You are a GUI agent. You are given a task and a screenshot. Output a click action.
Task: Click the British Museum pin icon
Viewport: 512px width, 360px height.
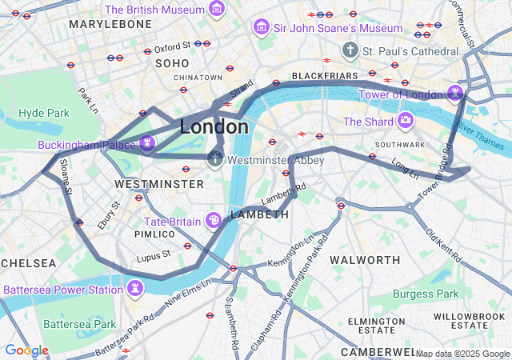(x=216, y=10)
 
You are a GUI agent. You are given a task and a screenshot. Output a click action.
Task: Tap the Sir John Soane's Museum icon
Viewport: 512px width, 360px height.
(x=260, y=28)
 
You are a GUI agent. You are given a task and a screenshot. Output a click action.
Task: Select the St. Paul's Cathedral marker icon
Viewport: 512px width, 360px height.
(x=350, y=51)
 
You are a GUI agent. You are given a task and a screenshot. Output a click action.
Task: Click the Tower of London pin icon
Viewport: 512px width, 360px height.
(x=455, y=94)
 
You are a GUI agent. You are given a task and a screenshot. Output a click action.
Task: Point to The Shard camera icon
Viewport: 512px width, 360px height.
(x=406, y=122)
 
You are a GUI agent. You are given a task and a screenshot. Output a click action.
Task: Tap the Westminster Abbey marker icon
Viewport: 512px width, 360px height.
(x=215, y=159)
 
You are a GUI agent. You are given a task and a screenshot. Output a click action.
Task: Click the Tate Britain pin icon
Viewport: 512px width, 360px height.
(x=214, y=220)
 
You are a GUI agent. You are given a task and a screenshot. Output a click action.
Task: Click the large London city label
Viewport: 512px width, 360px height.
(x=214, y=126)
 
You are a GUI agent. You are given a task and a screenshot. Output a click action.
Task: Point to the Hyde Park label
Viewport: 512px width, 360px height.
(x=44, y=113)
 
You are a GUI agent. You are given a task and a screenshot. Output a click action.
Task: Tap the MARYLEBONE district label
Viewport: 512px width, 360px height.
(x=110, y=24)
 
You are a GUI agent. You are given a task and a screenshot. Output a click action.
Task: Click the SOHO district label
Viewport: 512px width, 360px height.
(x=172, y=62)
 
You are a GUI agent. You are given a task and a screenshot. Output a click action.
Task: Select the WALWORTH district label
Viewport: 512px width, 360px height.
(x=365, y=260)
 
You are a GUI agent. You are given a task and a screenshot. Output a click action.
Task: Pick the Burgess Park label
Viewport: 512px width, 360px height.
(x=426, y=294)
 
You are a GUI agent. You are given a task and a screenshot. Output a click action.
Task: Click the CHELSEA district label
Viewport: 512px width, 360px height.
(x=29, y=262)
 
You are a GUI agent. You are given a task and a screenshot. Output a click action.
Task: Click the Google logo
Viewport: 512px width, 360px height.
(x=26, y=350)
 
